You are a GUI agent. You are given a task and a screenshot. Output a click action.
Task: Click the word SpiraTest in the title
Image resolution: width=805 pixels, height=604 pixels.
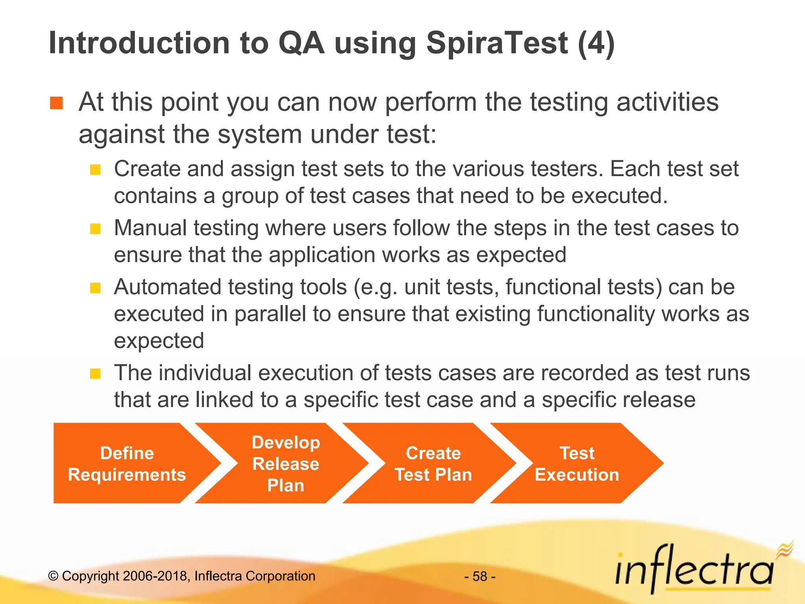pyautogui.click(x=497, y=43)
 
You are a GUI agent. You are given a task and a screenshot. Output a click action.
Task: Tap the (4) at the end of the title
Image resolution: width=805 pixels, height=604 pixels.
pyautogui.click(x=596, y=43)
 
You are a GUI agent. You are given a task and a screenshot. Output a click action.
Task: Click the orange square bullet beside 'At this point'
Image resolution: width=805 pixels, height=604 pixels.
pyautogui.click(x=57, y=103)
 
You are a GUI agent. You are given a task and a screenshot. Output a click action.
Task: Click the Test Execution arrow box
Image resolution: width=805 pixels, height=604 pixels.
pyautogui.click(x=576, y=464)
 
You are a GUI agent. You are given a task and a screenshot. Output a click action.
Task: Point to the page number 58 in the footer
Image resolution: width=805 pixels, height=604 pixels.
pyautogui.click(x=480, y=576)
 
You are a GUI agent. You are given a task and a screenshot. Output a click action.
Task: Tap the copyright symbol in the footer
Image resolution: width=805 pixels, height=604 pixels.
pyautogui.click(x=53, y=576)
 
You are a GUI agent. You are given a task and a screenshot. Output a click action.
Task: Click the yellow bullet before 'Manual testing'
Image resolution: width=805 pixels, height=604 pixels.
pyautogui.click(x=95, y=229)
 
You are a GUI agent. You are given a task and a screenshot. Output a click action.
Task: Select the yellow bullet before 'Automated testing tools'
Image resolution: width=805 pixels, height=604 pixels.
pyautogui.click(x=95, y=288)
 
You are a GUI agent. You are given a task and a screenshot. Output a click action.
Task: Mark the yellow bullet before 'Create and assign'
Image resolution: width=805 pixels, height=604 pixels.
pyautogui.click(x=95, y=170)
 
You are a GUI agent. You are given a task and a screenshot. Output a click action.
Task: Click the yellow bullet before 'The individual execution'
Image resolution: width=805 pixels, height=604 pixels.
pyautogui.click(x=95, y=374)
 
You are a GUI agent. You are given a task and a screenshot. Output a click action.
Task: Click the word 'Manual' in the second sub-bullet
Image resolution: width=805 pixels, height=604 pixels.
pyautogui.click(x=150, y=228)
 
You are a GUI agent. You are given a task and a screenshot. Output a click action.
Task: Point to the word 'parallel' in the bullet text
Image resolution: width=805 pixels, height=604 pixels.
pyautogui.click(x=270, y=314)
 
